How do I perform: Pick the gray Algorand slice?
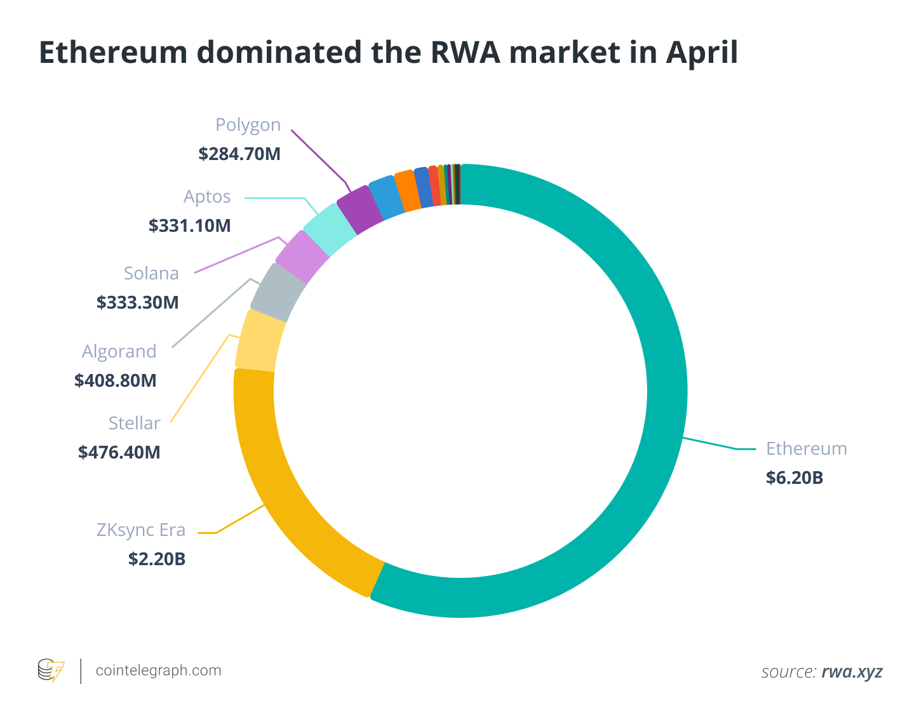278,293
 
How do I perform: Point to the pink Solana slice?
302,257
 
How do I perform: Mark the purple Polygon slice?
360,209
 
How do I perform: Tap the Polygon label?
248,125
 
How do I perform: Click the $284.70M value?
239,154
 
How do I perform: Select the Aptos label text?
207,197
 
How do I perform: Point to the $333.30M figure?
138,302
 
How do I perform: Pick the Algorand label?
119,351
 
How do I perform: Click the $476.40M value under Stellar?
119,452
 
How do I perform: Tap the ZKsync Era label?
141,530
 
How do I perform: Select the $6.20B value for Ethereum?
794,478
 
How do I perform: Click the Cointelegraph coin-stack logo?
51,671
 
